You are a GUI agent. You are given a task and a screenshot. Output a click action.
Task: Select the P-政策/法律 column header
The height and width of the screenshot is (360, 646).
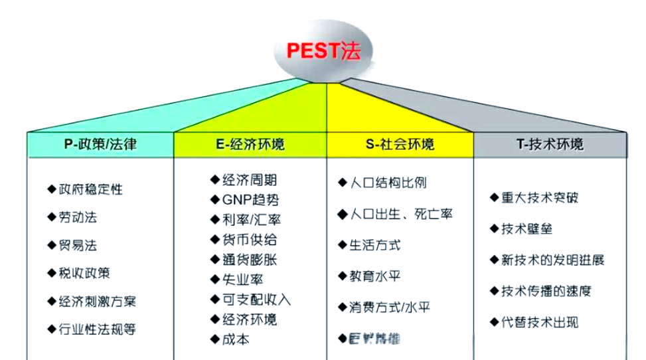coord(101,144)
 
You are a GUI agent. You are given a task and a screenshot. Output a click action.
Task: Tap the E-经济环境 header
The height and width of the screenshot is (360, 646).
coord(250,144)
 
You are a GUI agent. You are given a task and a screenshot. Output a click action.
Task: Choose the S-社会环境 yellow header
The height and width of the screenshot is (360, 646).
coord(400,144)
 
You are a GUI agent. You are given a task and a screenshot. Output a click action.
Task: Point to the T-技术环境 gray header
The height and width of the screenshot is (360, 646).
coord(550,144)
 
